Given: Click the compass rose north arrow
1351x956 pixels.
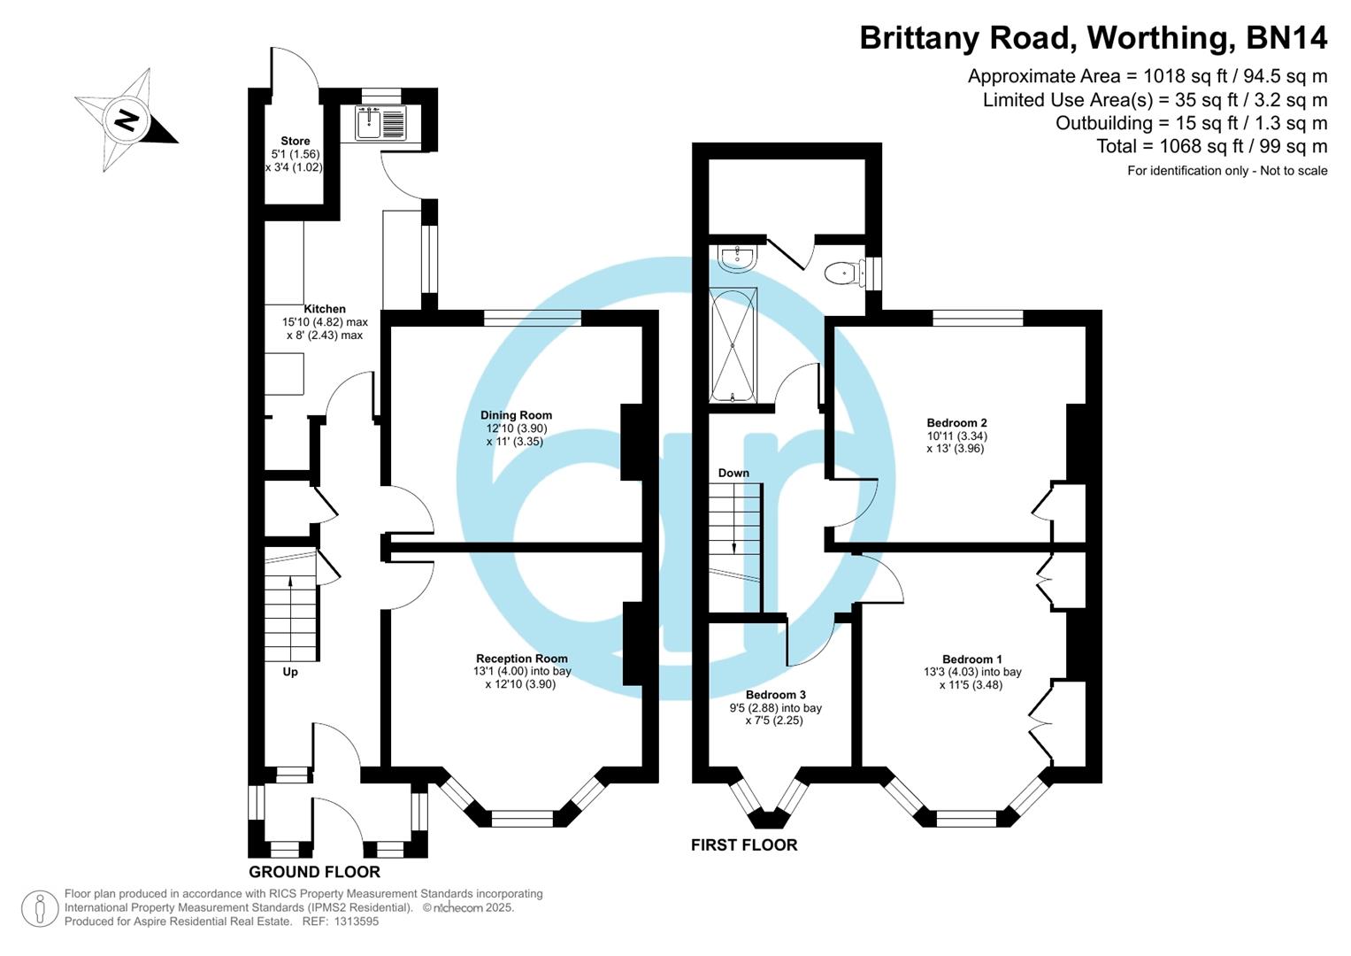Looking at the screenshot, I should pyautogui.click(x=127, y=119).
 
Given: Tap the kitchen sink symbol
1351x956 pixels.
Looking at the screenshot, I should pyautogui.click(x=381, y=123).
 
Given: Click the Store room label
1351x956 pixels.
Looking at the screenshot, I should pyautogui.click(x=295, y=141).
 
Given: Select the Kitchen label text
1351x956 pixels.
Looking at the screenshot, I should pyautogui.click(x=325, y=309).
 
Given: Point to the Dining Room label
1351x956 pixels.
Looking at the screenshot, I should pyautogui.click(x=516, y=415).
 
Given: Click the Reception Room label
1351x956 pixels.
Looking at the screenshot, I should pyautogui.click(x=521, y=659).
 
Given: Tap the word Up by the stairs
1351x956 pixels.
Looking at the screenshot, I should pyautogui.click(x=289, y=672).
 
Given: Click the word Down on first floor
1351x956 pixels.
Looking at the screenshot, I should pyautogui.click(x=733, y=473).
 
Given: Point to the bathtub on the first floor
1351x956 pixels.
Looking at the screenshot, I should pyautogui.click(x=733, y=344).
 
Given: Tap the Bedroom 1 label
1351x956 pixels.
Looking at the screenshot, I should pyautogui.click(x=971, y=659).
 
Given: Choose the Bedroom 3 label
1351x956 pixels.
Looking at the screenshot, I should pyautogui.click(x=775, y=696).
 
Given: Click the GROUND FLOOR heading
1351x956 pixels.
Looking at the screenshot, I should pyautogui.click(x=314, y=872).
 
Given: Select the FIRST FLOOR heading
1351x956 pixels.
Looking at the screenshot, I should pyautogui.click(x=743, y=845).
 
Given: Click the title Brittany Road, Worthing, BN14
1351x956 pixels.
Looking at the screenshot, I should pyautogui.click(x=1093, y=38).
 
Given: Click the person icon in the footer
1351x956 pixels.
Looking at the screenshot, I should pyautogui.click(x=40, y=908).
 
